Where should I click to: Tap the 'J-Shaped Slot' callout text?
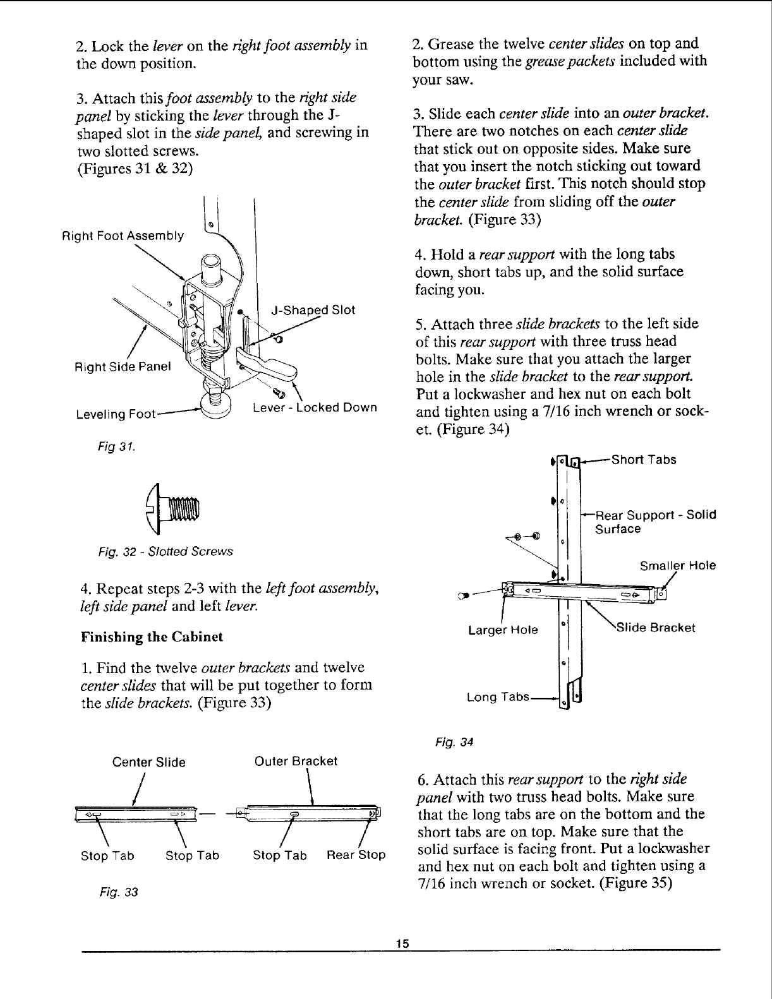pyautogui.click(x=313, y=310)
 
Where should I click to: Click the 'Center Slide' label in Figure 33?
pyautogui.click(x=148, y=762)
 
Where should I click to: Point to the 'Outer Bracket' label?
pyautogui.click(x=296, y=761)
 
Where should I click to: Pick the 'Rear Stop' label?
pyautogui.click(x=356, y=856)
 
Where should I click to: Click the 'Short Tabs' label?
pyautogui.click(x=644, y=460)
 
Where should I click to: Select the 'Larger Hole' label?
pyautogui.click(x=503, y=630)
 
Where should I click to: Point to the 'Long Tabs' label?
pyautogui.click(x=498, y=697)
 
